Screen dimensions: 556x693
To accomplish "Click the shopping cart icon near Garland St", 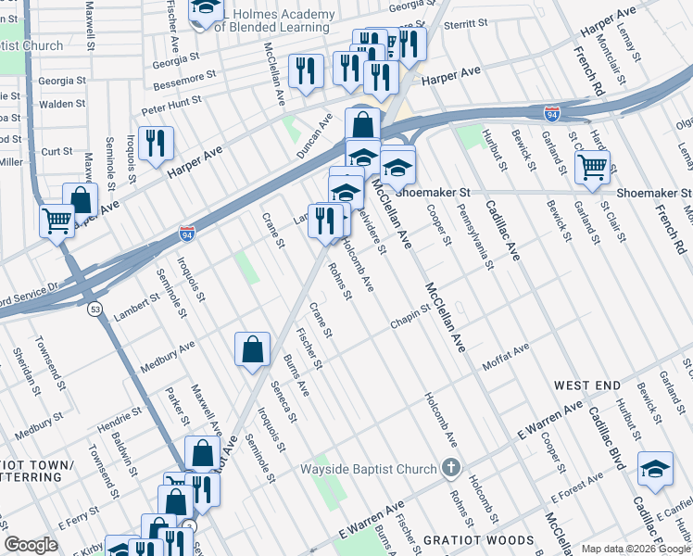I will coord(592,168).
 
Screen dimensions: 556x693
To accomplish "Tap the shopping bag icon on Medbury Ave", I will coord(252,349).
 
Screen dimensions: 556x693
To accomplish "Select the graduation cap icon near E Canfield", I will coord(655,470).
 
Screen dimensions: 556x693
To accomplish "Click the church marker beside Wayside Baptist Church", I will coord(450,467).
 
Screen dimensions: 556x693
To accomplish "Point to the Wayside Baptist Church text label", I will coord(367,469).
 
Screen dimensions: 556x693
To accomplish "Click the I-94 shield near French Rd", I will coord(551,113).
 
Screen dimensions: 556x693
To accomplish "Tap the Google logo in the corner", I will coord(31,544).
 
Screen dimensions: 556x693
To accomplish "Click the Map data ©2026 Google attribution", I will coord(636,549).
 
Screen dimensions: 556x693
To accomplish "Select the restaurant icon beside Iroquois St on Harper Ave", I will coord(156,142).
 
